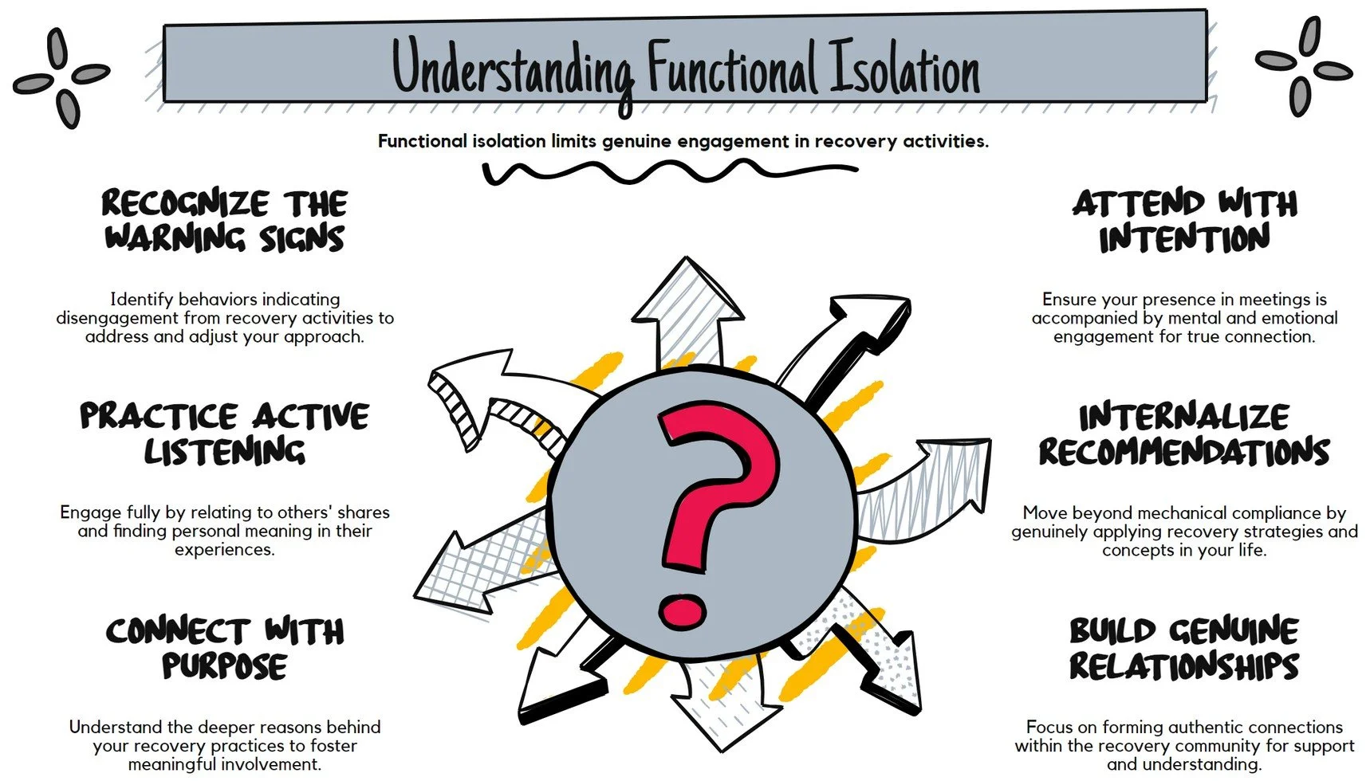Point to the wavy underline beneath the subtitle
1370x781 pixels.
click(x=670, y=171)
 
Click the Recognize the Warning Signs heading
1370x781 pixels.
click(x=224, y=221)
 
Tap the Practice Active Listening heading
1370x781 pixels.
click(x=224, y=434)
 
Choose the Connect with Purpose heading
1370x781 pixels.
click(x=224, y=648)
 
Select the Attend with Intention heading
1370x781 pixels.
click(x=1184, y=221)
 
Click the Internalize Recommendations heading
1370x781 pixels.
click(x=1184, y=434)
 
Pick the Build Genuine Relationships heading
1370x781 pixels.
click(x=1184, y=648)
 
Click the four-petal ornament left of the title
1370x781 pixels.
click(x=61, y=77)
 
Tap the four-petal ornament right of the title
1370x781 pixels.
click(x=1304, y=67)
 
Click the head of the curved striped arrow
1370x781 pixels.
click(x=459, y=390)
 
